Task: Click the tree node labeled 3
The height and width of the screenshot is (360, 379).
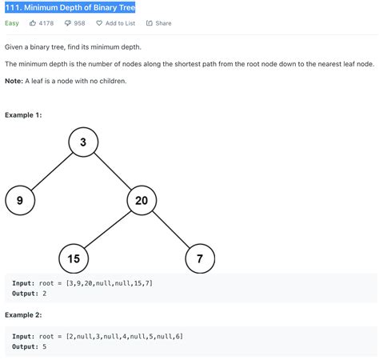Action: pos(83,142)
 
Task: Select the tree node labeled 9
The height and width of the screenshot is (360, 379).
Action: pos(20,201)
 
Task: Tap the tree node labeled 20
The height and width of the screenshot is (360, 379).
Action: pos(142,201)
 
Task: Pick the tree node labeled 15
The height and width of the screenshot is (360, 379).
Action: pos(74,258)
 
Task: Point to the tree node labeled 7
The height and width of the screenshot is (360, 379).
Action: pos(200,258)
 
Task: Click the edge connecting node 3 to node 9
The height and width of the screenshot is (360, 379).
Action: pos(52,171)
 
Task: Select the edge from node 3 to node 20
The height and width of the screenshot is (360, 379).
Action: pos(113,171)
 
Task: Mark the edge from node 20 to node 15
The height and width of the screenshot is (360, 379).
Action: pos(108,230)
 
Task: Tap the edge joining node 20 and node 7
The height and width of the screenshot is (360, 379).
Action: pos(170,230)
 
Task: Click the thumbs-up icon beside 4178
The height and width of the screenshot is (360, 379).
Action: pos(33,23)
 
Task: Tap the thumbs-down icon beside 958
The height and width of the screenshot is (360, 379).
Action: pos(68,23)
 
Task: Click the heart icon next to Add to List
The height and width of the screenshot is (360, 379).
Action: pos(99,23)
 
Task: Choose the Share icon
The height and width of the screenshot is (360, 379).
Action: pos(150,23)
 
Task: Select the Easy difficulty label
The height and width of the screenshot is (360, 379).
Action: pos(12,23)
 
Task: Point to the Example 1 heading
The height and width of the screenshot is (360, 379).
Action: pos(23,115)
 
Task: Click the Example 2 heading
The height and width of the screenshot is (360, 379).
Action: pos(23,315)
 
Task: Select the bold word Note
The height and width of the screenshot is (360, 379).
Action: pos(14,81)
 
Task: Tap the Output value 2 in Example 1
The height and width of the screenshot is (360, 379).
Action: pos(45,294)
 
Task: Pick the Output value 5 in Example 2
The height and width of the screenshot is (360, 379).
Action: pos(45,346)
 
